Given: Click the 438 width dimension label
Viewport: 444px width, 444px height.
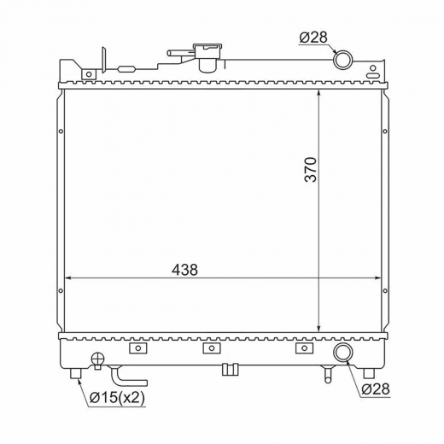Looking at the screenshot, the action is click(x=184, y=270).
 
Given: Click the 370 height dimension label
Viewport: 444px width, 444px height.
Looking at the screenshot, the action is click(x=311, y=169).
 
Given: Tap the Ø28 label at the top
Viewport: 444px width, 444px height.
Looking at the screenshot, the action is click(x=313, y=38).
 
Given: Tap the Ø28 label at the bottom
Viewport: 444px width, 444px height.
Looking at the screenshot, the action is click(x=376, y=389).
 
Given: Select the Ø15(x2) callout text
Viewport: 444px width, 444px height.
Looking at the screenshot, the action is click(x=117, y=398).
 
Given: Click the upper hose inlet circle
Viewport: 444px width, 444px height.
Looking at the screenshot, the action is click(x=342, y=60).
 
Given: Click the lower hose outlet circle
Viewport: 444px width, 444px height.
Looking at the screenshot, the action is click(x=343, y=353).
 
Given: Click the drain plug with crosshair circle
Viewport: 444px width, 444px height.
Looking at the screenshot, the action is click(x=97, y=359).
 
